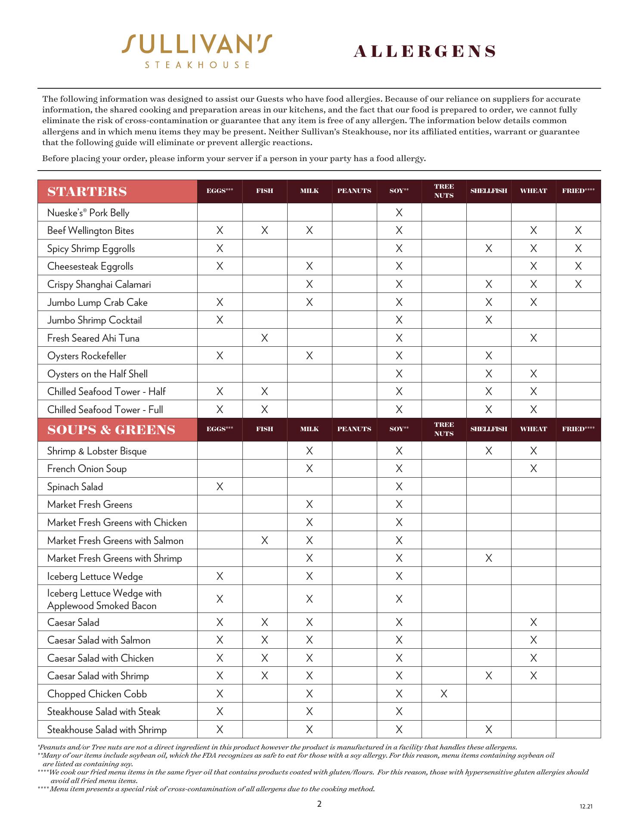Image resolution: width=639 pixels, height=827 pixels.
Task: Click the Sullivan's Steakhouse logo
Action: tap(197, 51)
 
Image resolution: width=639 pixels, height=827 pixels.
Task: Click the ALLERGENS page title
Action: tap(425, 52)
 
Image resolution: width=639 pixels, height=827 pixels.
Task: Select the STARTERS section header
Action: tap(87, 192)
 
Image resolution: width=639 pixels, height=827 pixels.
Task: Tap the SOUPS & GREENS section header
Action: tap(111, 430)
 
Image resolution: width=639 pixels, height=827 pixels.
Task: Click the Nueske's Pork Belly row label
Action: tap(88, 213)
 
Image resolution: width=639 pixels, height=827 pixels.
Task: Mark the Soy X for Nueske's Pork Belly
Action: tap(399, 212)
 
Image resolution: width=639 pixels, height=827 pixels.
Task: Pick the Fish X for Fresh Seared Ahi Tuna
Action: tap(264, 338)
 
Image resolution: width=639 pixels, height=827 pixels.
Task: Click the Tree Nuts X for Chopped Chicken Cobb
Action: tap(444, 694)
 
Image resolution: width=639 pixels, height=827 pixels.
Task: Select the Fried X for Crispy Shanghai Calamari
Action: tap(578, 284)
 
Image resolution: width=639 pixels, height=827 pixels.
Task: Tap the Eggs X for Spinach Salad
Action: tap(220, 487)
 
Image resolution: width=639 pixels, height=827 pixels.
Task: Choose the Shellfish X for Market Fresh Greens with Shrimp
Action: tap(489, 558)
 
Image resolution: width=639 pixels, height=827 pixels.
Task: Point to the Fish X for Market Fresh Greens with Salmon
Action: tap(264, 541)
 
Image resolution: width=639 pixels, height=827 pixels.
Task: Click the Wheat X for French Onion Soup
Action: tap(534, 469)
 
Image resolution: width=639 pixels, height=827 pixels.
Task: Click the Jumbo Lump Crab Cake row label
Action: tap(97, 302)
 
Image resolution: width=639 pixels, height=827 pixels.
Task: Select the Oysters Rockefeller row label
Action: tap(87, 356)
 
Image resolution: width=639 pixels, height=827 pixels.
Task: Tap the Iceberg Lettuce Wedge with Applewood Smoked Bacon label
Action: tap(104, 599)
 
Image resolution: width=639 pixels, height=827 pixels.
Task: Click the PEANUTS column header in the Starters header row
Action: tap(354, 191)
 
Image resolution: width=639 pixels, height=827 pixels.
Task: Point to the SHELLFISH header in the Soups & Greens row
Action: tap(489, 429)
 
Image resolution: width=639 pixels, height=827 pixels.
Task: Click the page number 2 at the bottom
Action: tap(319, 804)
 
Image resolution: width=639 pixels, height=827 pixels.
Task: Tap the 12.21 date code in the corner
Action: tap(586, 806)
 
